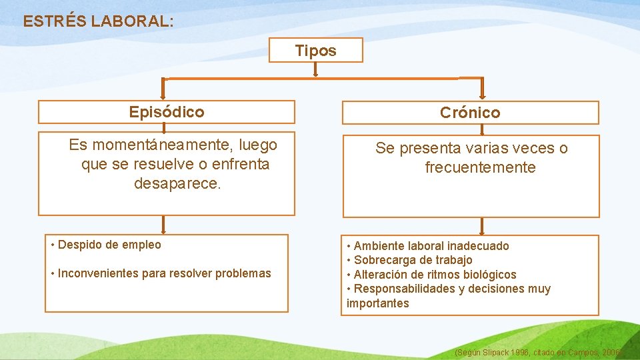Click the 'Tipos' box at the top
coord(316,50)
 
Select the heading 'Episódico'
coord(167,111)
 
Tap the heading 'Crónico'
coord(470,113)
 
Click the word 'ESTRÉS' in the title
coord(55,21)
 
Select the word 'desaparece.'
coord(177,183)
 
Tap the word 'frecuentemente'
coord(480,167)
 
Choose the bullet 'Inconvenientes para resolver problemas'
coord(164,273)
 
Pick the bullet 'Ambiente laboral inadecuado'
coord(431,246)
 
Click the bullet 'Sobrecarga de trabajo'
coord(413,260)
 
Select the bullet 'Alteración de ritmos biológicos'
coord(435,275)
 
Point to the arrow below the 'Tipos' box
coord(316,69)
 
